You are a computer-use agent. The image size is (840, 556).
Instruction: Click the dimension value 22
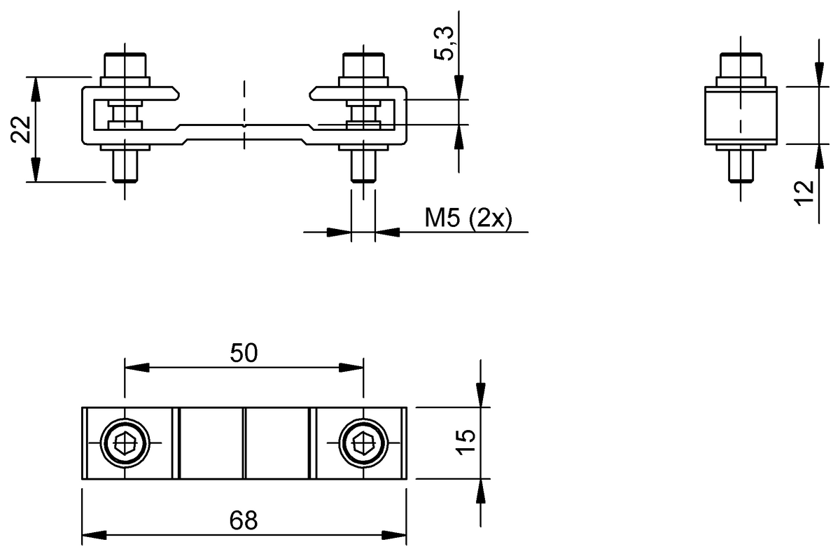[x=21, y=130]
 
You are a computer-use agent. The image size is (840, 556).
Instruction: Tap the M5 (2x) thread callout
[x=468, y=219]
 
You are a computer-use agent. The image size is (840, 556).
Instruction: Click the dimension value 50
[x=244, y=354]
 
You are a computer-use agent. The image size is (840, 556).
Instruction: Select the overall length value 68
[x=244, y=520]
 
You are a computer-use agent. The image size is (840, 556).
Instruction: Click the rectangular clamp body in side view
[x=741, y=116]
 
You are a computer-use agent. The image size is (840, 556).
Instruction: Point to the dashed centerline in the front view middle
[x=244, y=116]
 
